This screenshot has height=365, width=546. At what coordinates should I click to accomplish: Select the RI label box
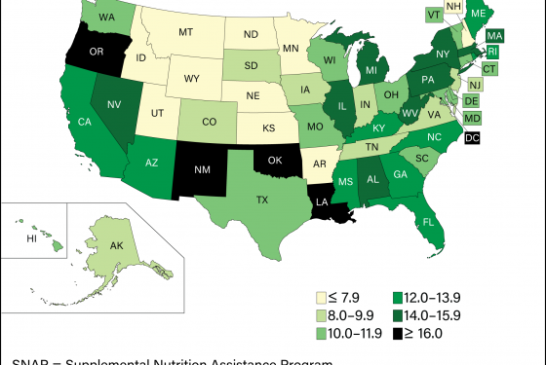492,52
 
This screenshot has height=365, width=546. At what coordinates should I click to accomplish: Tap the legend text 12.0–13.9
434,297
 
